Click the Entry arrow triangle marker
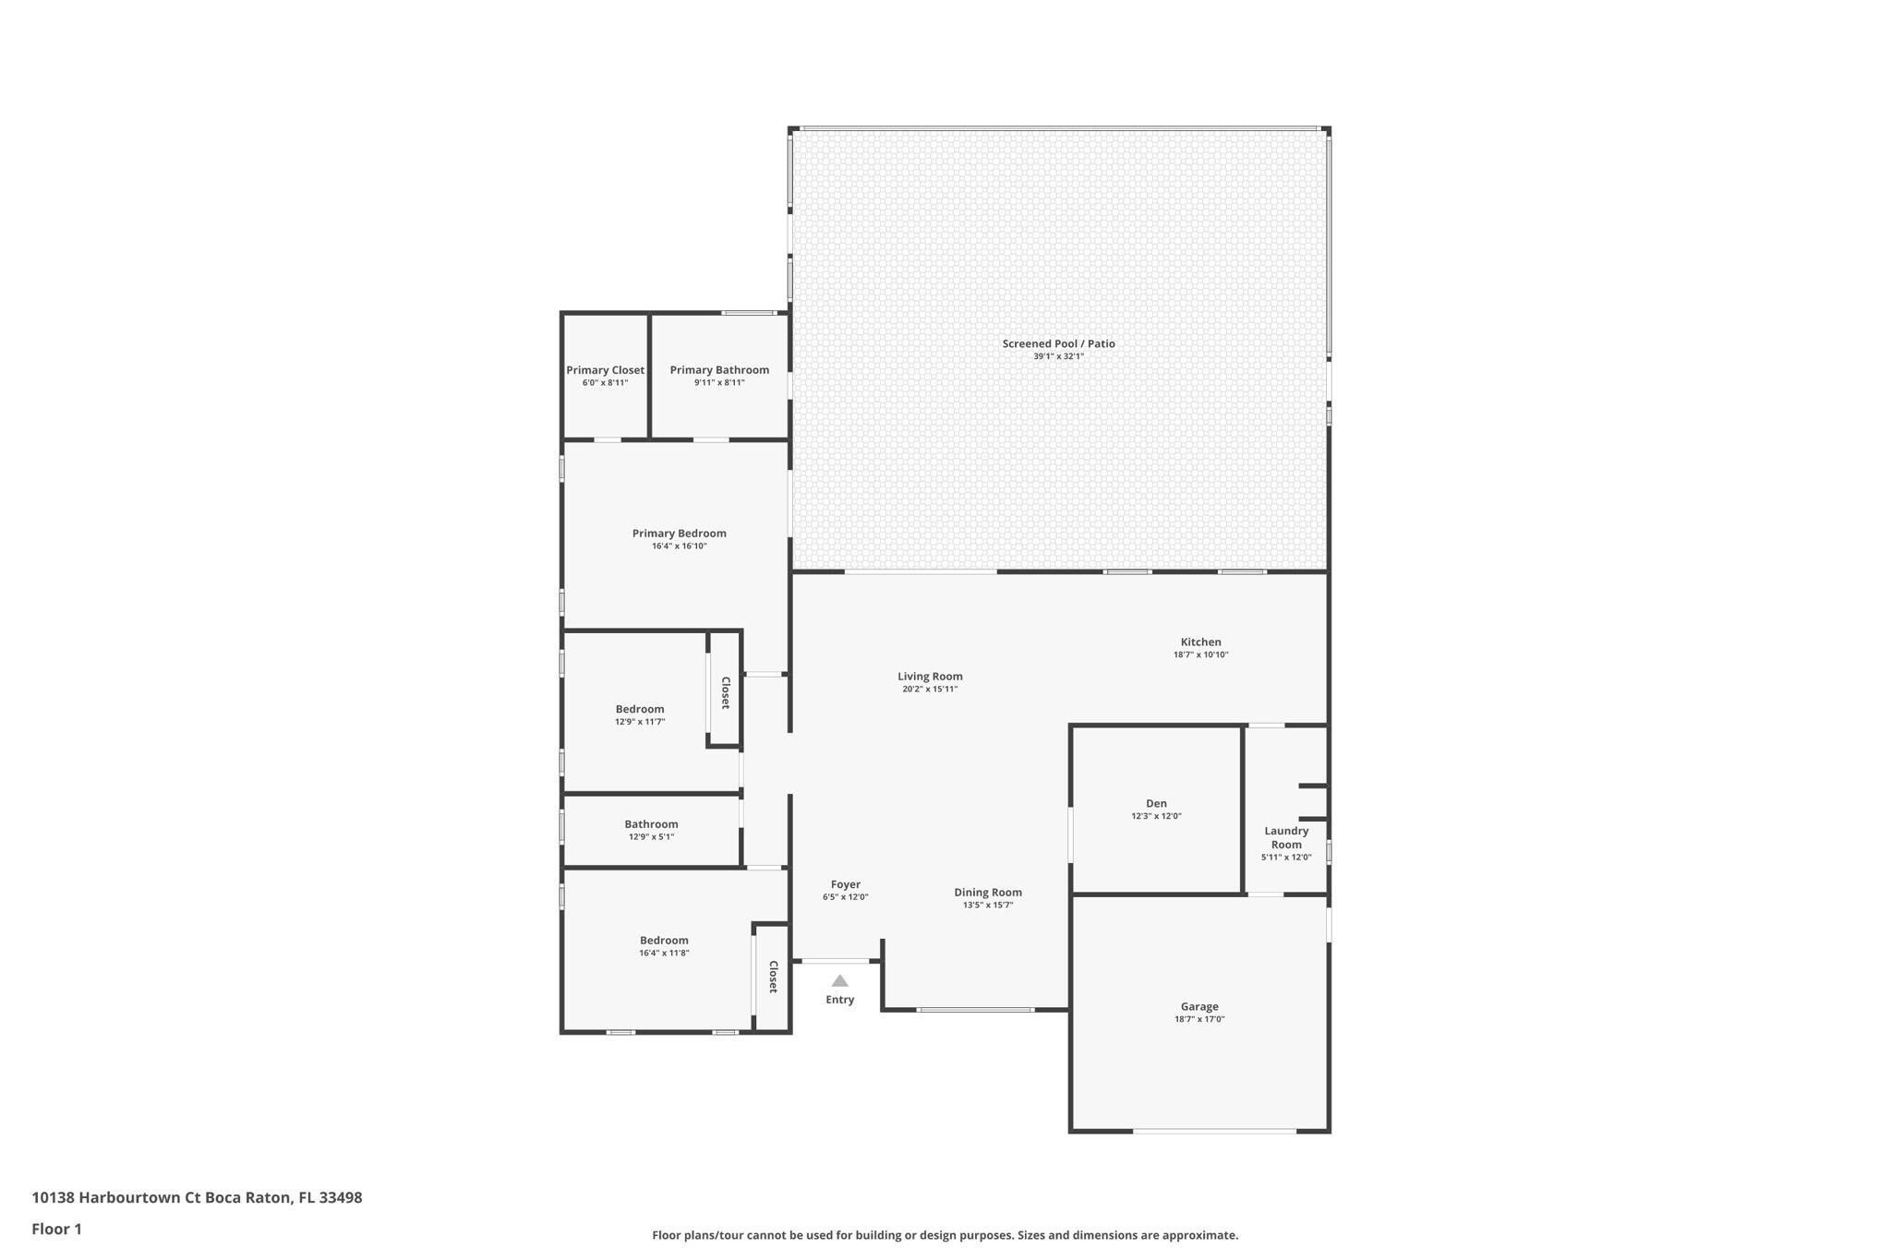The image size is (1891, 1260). tap(839, 981)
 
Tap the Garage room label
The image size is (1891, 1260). tap(1198, 1006)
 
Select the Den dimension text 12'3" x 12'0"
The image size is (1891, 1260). tap(1156, 816)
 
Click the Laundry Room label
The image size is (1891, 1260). tap(1286, 837)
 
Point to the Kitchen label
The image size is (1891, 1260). tap(1200, 642)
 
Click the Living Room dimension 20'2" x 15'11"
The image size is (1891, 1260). tap(930, 689)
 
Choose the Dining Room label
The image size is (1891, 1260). tap(988, 892)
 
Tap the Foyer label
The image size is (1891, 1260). tap(845, 884)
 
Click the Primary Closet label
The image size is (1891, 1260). tap(605, 370)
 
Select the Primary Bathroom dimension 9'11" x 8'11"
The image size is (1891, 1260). tap(719, 382)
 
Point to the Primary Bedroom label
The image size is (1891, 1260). tap(679, 533)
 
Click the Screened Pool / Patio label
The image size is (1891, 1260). tap(1058, 343)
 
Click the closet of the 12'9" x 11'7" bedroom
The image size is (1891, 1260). tap(726, 692)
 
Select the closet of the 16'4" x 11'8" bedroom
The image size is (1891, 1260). tap(773, 977)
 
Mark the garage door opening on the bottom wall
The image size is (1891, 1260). tap(1214, 1131)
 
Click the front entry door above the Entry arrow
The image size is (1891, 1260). tap(835, 961)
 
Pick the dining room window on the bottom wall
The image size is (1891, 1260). tap(974, 1010)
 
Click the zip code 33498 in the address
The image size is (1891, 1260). tap(340, 1197)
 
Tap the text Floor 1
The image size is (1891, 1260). tap(56, 1229)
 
